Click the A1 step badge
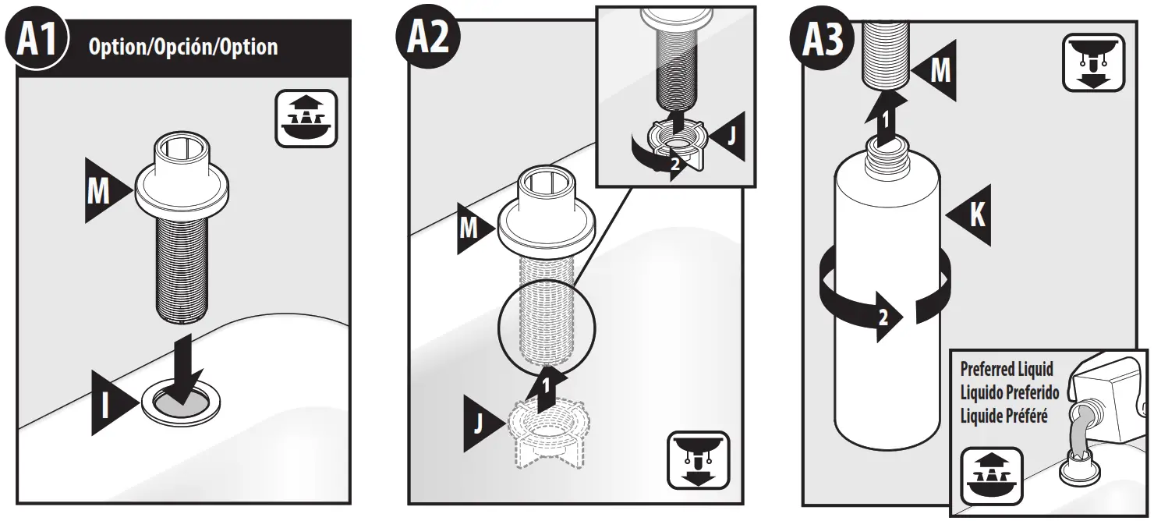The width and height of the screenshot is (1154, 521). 37,41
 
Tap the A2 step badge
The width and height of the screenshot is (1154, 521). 428,41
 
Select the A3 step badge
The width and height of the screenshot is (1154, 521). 823,41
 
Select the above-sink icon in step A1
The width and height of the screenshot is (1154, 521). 306,119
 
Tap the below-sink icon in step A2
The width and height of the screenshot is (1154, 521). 698,459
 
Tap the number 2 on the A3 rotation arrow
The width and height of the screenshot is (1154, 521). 883,317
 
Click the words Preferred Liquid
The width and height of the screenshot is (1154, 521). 1006,369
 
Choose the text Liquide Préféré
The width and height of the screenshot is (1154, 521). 1004,415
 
